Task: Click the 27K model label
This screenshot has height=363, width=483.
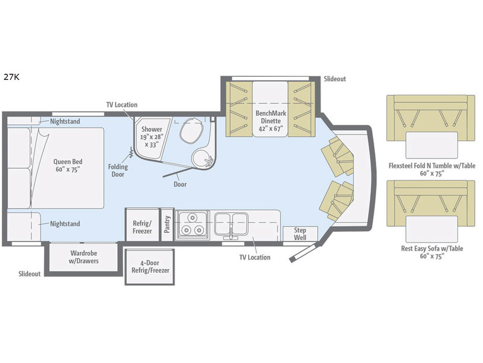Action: point(11,77)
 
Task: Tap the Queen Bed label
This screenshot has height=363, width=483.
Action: point(68,166)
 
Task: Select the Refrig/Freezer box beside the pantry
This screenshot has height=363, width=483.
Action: point(142,226)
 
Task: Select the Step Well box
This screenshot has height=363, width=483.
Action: point(300,234)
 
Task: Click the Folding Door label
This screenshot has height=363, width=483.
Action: point(117,170)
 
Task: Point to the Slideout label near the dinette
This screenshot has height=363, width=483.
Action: point(334,79)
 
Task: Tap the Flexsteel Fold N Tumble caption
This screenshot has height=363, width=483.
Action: point(427,169)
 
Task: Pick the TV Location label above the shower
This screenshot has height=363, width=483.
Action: point(121,105)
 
